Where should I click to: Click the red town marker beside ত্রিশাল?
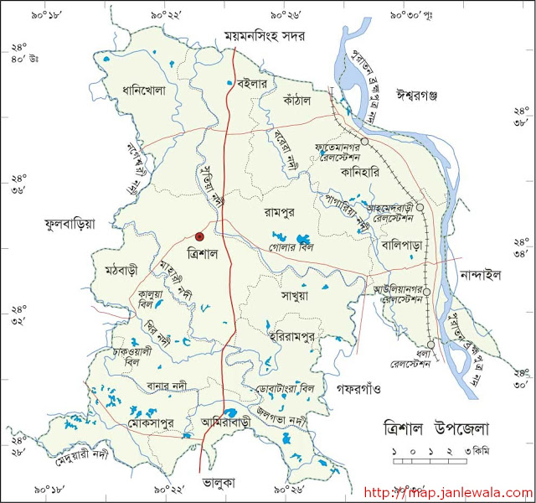(x=199, y=237)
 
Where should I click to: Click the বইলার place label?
(x=251, y=84)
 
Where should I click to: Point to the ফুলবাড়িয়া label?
(x=70, y=224)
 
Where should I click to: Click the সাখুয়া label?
(x=295, y=296)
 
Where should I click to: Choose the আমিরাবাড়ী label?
(x=224, y=424)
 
